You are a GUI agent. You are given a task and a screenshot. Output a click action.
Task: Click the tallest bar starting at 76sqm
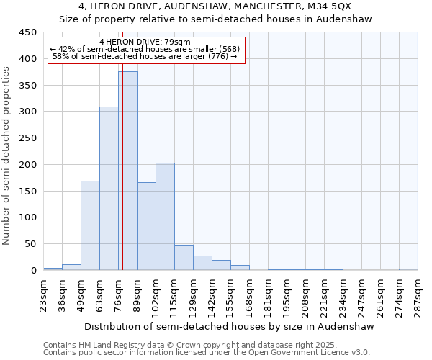click(127, 171)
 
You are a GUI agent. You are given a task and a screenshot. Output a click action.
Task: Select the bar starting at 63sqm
click(109, 189)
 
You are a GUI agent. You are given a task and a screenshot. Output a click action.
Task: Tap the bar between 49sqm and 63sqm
click(90, 225)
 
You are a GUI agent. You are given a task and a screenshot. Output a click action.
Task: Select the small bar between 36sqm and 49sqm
click(71, 267)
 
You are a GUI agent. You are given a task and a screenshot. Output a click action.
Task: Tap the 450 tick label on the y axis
click(28, 32)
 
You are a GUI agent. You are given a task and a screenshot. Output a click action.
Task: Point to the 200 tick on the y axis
click(28, 164)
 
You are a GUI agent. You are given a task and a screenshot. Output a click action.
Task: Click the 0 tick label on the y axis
click(34, 270)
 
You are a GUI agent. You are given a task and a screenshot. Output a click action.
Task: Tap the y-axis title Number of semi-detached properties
click(7, 156)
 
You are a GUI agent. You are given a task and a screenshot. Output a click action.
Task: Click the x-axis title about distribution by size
click(230, 326)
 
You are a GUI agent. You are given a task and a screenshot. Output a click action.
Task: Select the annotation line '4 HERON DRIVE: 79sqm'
click(145, 42)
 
